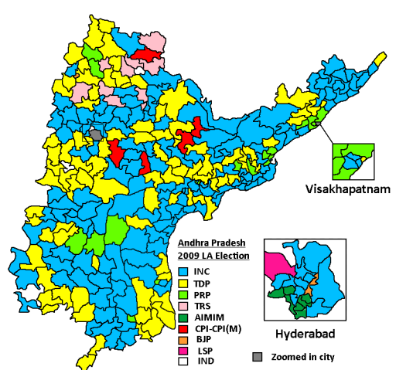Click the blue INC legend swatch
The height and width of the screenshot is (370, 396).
click(x=183, y=271)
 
